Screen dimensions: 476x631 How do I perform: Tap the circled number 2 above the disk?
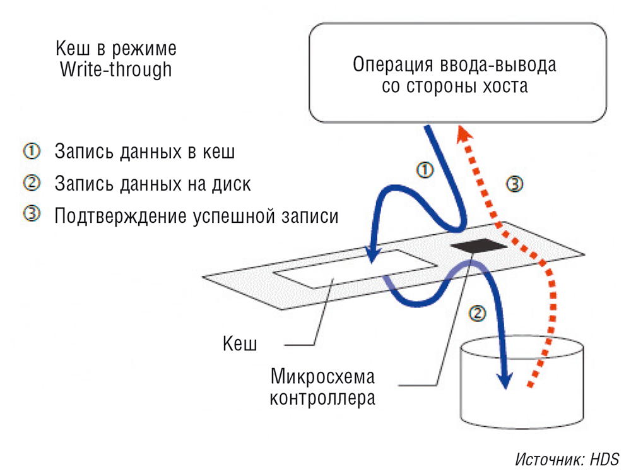click(x=478, y=312)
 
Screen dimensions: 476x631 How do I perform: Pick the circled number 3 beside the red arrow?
click(x=515, y=184)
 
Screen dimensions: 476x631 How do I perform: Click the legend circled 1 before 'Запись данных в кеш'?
click(x=32, y=152)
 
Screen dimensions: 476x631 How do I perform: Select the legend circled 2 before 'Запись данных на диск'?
click(x=32, y=183)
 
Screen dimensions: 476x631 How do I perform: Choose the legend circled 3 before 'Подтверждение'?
click(x=32, y=214)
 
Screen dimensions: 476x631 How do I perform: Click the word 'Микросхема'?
click(x=322, y=377)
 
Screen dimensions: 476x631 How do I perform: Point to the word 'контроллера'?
click(x=322, y=398)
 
